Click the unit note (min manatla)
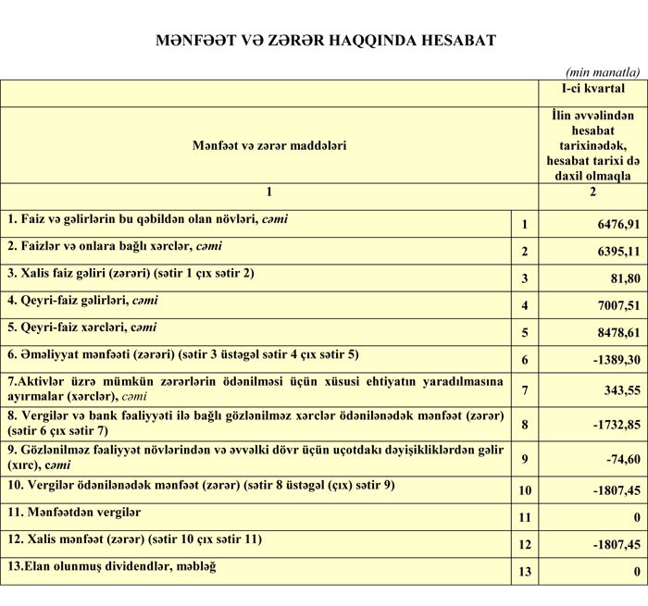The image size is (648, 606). (x=603, y=71)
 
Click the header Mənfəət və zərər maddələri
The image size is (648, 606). (x=269, y=145)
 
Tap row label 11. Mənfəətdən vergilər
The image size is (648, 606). (x=74, y=512)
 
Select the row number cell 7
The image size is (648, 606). (x=524, y=390)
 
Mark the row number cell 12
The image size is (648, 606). (x=524, y=545)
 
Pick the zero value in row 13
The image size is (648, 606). (x=637, y=572)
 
